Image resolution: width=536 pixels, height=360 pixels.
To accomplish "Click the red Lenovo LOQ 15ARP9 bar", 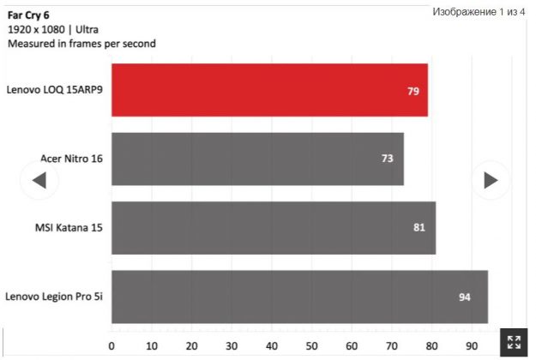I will [x=269, y=90].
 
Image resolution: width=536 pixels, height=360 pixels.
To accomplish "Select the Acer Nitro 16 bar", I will [x=257, y=159].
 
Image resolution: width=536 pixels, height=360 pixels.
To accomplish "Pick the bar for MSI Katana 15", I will [x=274, y=228].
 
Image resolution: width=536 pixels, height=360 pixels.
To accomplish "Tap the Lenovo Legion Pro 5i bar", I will [x=299, y=297].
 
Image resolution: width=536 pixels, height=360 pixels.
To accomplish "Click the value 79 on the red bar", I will [x=413, y=90].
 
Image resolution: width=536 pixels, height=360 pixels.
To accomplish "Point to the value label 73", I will [x=388, y=159].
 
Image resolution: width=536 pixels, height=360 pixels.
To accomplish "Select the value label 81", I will [x=420, y=228].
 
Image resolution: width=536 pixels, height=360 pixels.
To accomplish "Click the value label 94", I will [x=465, y=297].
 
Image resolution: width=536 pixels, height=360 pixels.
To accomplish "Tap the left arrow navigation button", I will [x=39, y=180].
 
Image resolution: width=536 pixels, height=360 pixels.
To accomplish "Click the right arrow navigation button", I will [x=491, y=180].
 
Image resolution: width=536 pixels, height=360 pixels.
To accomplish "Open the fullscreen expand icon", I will [x=514, y=341].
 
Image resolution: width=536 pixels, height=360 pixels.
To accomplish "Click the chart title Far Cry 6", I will [x=28, y=15].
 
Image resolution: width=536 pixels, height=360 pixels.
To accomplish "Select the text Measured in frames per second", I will [x=81, y=43].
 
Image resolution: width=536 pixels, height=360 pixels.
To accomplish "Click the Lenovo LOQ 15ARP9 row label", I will [x=54, y=88].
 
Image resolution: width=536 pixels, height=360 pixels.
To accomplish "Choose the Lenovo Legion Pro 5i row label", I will [x=54, y=297].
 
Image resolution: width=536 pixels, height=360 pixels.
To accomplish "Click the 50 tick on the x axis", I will [x=311, y=346].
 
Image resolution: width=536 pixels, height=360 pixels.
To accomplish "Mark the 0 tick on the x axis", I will [x=111, y=346].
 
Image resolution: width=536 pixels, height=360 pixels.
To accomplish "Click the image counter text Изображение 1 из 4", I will [x=479, y=12].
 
